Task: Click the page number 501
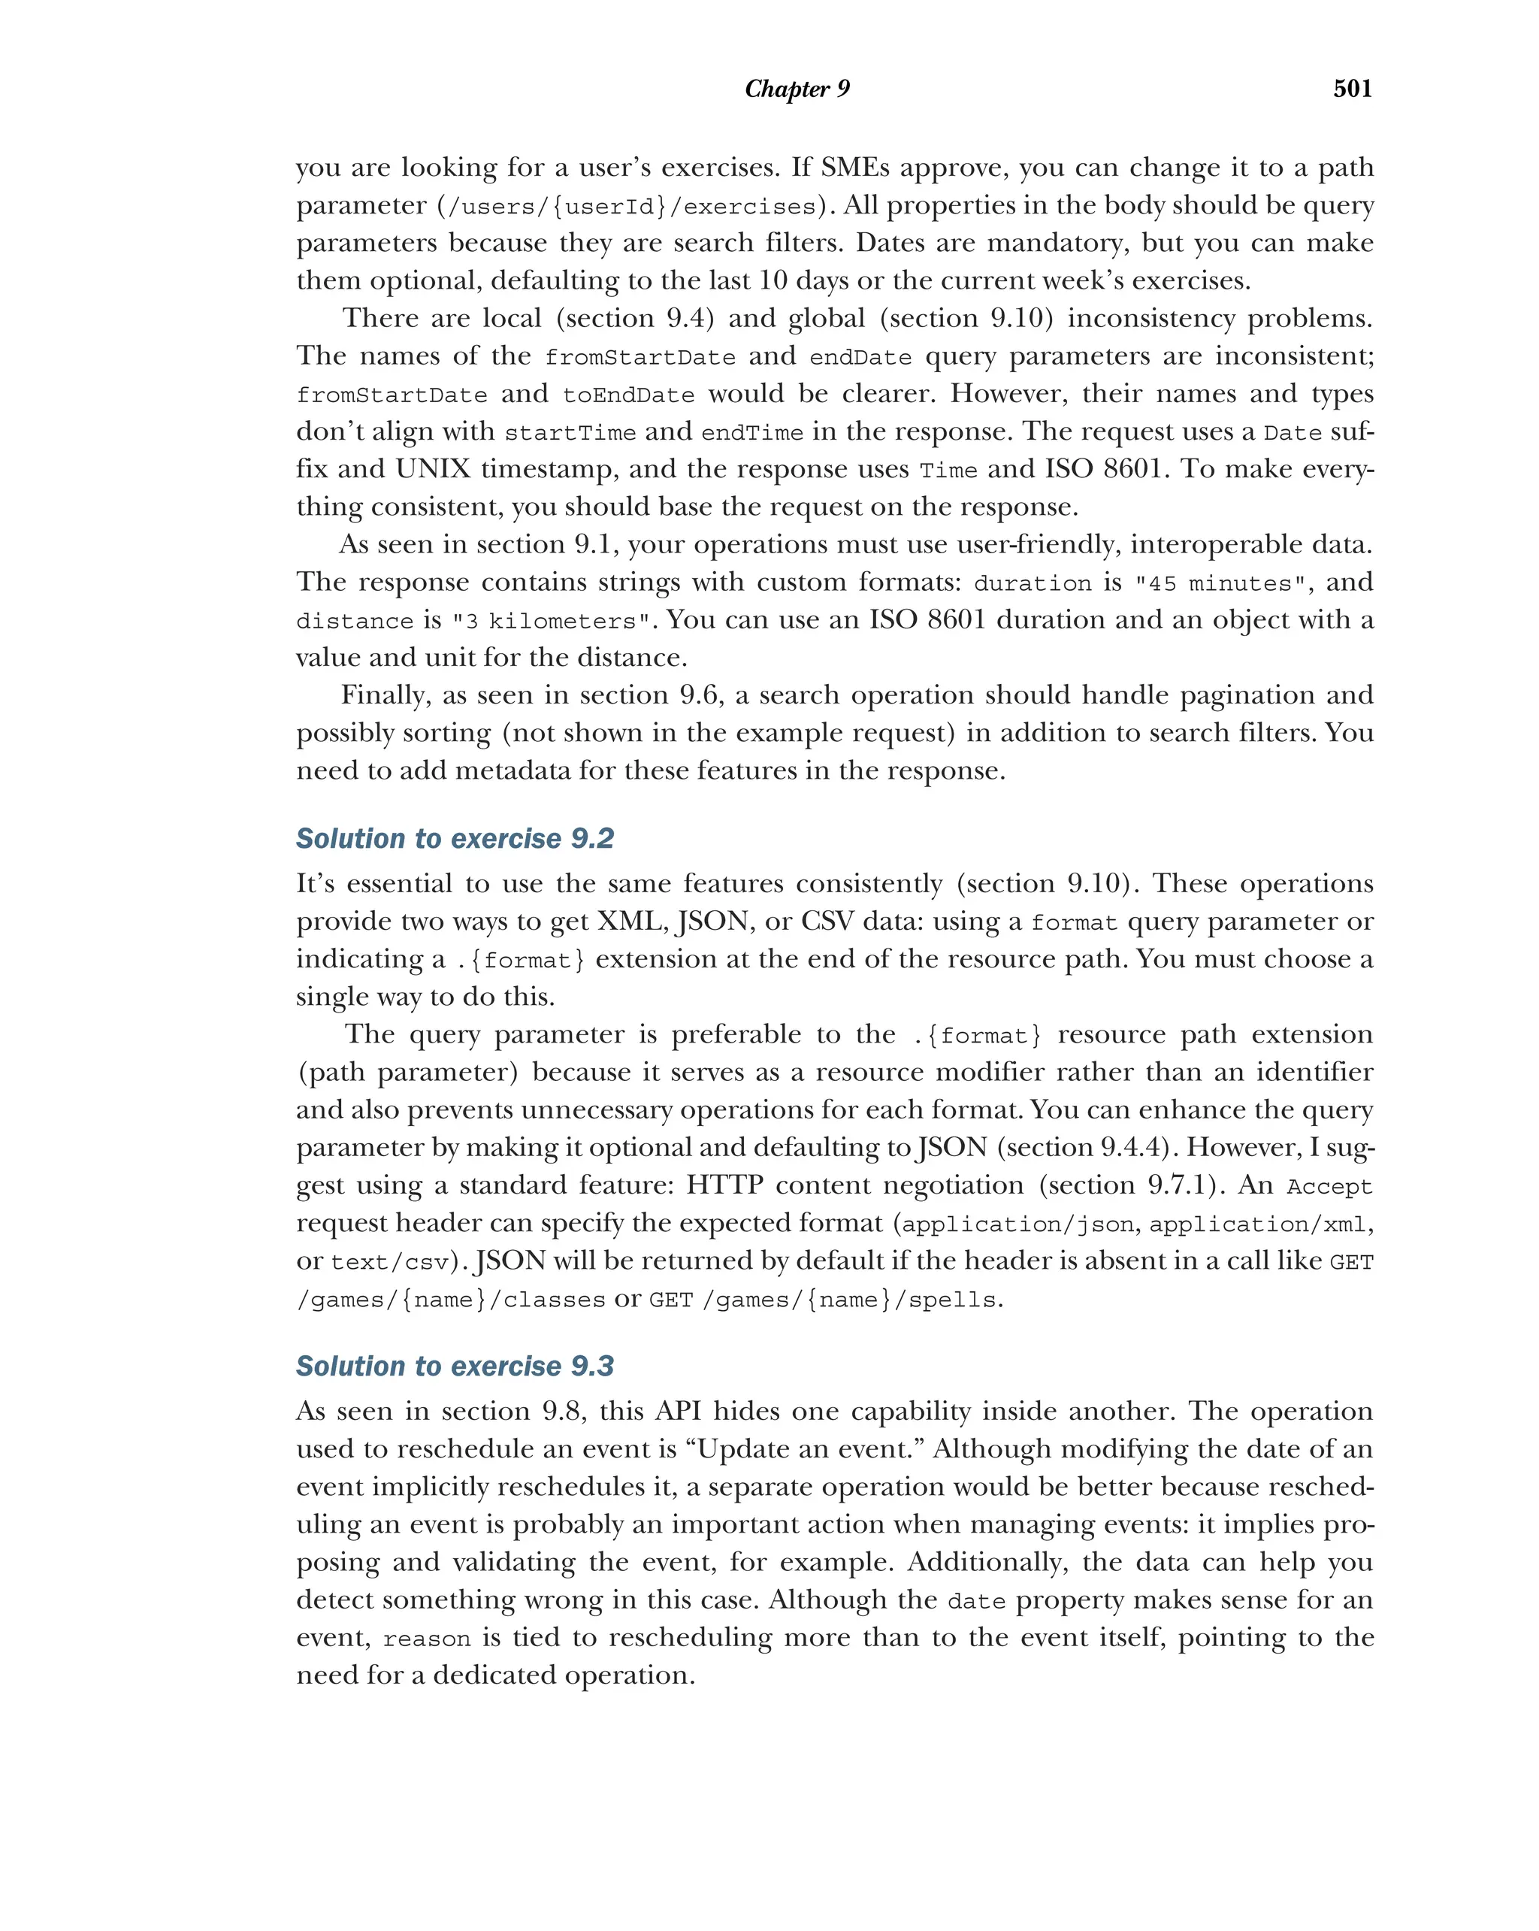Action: (x=1352, y=88)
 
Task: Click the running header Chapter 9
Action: (x=797, y=89)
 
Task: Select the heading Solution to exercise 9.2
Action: (x=455, y=838)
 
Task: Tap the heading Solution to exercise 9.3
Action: (x=455, y=1366)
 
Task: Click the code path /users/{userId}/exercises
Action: (x=631, y=207)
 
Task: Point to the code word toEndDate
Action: (x=628, y=395)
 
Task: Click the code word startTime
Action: (x=570, y=434)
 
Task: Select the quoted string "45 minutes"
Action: (x=1220, y=584)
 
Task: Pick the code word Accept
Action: (x=1329, y=1187)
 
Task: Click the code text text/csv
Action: (x=389, y=1263)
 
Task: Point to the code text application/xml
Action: (x=1258, y=1224)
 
